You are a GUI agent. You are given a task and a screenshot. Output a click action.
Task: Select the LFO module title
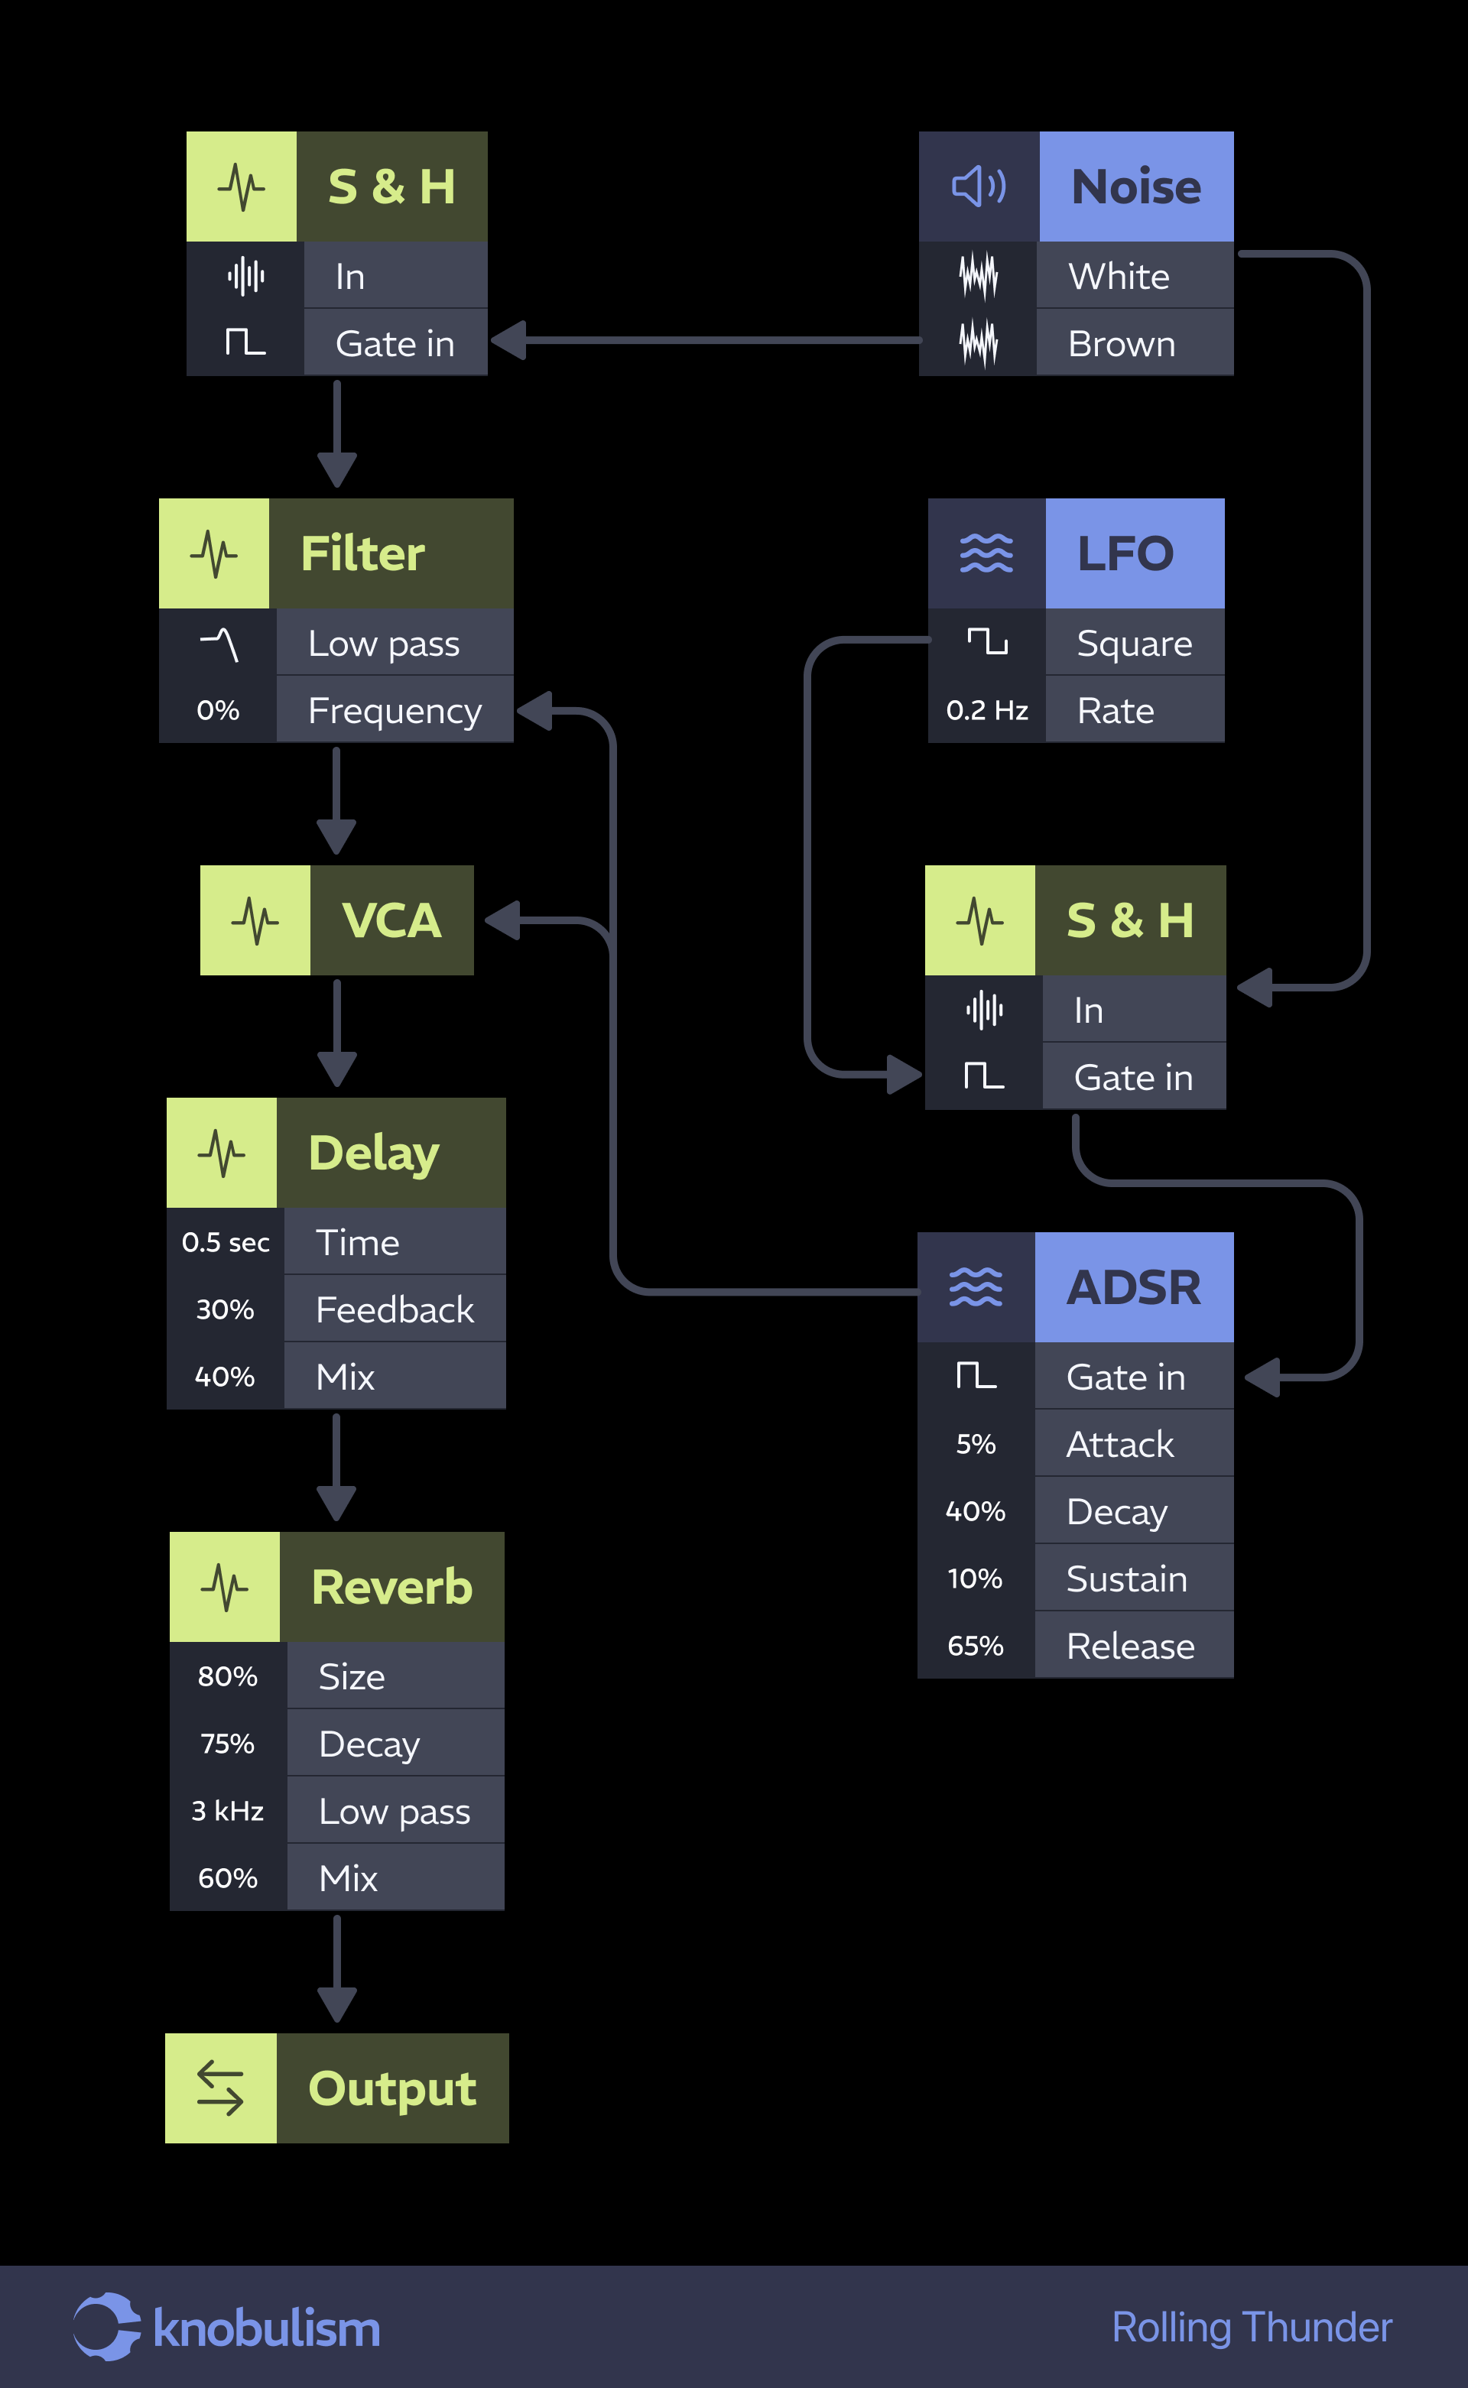tap(1125, 553)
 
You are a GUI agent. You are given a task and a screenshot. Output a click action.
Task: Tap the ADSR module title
tap(1133, 1287)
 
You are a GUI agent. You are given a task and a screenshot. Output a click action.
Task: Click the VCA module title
tap(391, 920)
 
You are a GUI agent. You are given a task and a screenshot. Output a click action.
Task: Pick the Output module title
tap(392, 2088)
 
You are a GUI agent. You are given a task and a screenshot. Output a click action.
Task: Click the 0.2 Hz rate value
tap(986, 711)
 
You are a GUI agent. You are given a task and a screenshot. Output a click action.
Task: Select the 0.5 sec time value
tap(226, 1242)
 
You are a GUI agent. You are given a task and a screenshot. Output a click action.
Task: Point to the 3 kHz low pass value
tap(227, 1812)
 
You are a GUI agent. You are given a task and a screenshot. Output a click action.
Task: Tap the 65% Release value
tap(975, 1647)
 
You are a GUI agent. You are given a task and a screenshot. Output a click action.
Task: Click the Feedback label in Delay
tap(395, 1309)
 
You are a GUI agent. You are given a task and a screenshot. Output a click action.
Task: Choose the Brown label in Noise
tap(1122, 344)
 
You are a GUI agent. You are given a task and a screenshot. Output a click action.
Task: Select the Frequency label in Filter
tap(395, 711)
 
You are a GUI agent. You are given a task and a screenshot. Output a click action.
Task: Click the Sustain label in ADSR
tap(1126, 1579)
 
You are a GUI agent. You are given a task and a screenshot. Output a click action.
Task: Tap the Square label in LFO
tap(1134, 644)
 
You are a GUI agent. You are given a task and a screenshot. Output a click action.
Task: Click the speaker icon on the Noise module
tap(979, 187)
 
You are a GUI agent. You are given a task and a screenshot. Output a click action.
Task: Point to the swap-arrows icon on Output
tap(220, 2088)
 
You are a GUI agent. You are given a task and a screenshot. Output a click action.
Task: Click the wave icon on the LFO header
tap(986, 553)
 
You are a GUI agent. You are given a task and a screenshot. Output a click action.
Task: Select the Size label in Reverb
tap(352, 1677)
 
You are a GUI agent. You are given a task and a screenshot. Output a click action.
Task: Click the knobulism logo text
tap(266, 2330)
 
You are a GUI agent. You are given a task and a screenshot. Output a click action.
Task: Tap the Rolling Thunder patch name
tap(1252, 2328)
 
